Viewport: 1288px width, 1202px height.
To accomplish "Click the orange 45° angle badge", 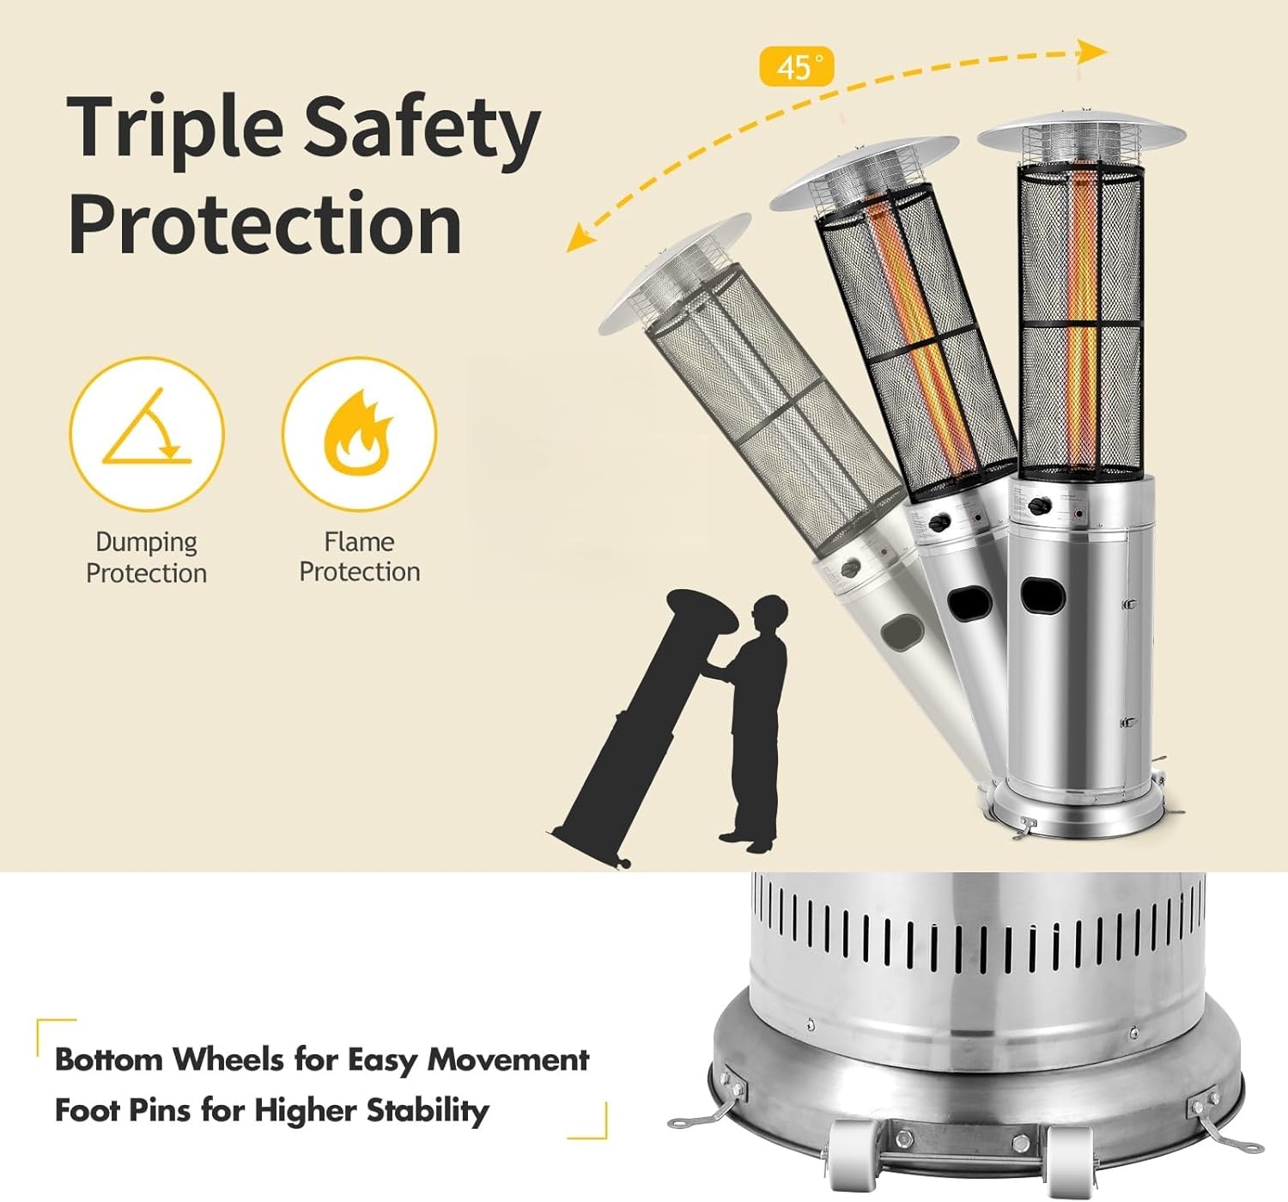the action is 796,66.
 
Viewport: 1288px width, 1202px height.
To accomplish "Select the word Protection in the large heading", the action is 265,224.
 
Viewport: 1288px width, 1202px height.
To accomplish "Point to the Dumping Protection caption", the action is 147,557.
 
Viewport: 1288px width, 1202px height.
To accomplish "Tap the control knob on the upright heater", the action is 1041,507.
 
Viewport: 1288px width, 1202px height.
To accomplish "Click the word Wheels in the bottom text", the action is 229,1059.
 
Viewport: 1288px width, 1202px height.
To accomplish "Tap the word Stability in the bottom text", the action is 428,1111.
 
